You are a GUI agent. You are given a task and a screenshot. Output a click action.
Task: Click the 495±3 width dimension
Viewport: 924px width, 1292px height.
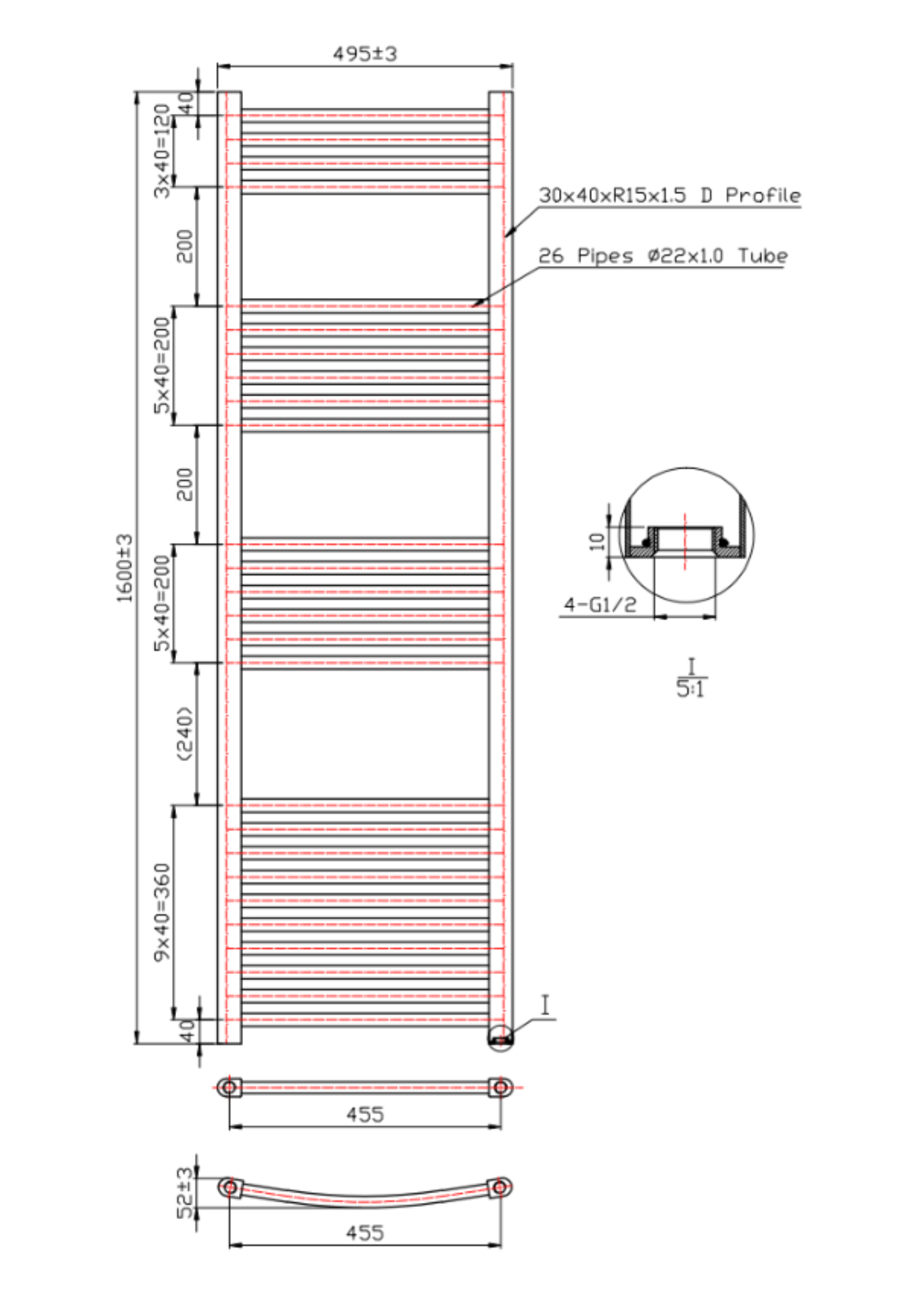pos(365,54)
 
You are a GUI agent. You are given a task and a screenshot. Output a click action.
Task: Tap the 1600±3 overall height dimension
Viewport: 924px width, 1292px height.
pos(125,568)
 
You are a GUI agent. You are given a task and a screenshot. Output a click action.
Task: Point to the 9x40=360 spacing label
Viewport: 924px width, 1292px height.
pos(163,912)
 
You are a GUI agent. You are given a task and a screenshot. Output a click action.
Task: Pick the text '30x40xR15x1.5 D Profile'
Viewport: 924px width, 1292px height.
pos(670,195)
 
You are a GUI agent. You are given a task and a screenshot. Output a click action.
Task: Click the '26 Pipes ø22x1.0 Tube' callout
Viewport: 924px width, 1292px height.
pos(663,256)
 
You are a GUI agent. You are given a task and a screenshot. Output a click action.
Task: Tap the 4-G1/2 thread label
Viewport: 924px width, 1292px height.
pos(600,604)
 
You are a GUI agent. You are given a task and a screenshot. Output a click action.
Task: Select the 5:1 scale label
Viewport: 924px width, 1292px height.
pos(690,688)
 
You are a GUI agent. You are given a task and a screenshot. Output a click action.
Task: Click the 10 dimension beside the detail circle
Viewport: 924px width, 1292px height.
pos(597,541)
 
